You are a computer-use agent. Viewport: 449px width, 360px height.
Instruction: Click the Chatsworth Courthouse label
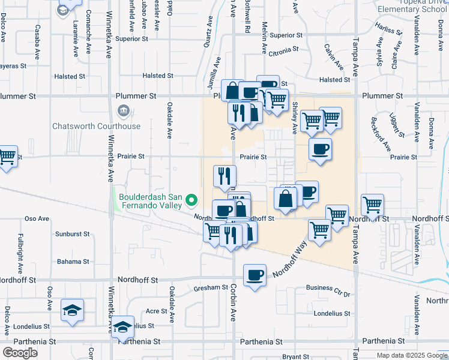96,126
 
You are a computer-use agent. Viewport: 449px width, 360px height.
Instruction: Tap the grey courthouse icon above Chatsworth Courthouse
123,111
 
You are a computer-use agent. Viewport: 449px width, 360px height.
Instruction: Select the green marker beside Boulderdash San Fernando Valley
191,200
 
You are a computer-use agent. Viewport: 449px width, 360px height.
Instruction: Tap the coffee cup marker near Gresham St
255,275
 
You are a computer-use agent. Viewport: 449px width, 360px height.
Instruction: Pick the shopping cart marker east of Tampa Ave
373,206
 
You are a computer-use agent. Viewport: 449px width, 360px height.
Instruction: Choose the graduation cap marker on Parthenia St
123,327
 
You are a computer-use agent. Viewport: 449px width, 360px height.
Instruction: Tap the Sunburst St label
72,233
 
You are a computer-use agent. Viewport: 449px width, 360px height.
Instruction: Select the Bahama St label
73,262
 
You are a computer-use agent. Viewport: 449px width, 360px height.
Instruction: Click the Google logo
20,352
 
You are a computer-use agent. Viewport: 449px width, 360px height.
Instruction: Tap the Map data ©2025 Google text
412,355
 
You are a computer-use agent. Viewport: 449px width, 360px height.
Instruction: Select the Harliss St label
387,29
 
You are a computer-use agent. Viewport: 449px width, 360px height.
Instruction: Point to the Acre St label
157,311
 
